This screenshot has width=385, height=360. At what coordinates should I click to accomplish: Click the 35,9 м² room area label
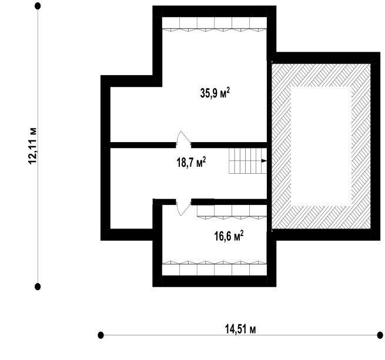[215, 93]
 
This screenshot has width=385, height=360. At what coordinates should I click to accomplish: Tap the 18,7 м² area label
[191, 162]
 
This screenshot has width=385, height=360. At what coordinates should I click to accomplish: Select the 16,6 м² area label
[229, 236]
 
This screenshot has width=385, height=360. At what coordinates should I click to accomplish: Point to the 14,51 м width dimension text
[240, 329]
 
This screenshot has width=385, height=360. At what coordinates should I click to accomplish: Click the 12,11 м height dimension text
[33, 146]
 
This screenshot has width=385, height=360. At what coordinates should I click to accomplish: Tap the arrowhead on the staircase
[264, 161]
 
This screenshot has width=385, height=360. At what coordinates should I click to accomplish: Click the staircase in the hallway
[248, 161]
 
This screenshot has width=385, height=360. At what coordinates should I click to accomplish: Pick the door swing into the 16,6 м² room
[183, 208]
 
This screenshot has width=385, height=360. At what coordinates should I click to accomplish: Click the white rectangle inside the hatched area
[321, 146]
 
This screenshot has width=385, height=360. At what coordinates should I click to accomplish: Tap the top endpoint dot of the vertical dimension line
[38, 6]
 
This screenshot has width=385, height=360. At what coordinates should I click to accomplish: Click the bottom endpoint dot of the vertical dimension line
[38, 287]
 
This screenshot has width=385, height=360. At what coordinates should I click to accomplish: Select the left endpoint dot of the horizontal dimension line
[101, 335]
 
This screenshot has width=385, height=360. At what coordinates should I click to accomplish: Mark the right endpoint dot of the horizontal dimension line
[380, 335]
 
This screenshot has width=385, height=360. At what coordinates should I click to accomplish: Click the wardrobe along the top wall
[215, 24]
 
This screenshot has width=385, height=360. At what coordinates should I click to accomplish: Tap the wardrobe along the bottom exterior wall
[215, 268]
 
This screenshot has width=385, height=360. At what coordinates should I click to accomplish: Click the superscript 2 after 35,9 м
[228, 90]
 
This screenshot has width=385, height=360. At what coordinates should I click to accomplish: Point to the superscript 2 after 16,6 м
[242, 233]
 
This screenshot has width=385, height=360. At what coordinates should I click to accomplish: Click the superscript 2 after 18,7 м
[205, 160]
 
